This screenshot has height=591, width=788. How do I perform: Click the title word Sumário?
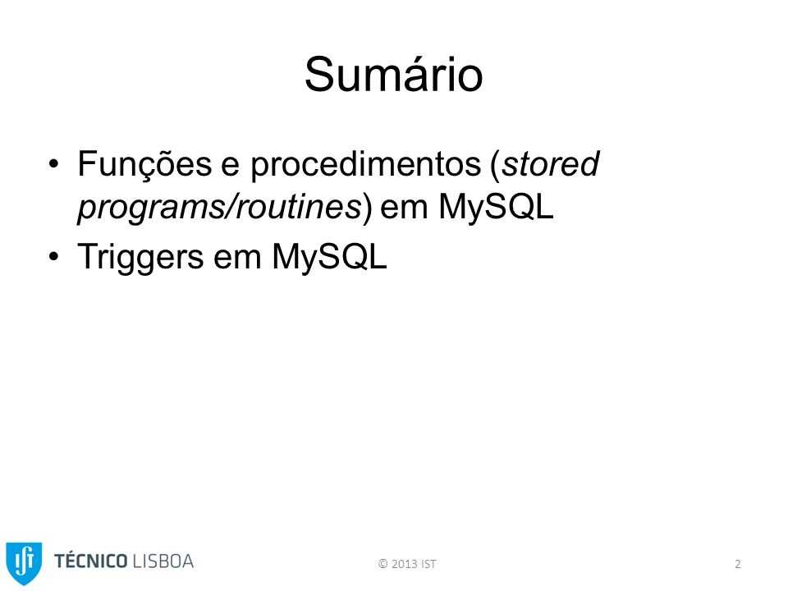point(393,75)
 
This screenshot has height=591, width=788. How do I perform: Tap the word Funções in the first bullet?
point(144,164)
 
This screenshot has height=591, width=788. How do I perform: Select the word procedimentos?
point(366,165)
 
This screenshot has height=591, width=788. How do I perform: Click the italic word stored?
point(552,164)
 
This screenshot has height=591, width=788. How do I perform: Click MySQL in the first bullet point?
point(496,206)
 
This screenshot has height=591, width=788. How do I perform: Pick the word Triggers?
point(140,257)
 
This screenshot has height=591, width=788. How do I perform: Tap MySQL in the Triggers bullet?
point(329,256)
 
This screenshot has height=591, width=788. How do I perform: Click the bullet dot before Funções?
point(54,164)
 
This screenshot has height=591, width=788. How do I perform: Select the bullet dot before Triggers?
point(54,256)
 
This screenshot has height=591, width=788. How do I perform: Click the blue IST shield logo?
point(24,563)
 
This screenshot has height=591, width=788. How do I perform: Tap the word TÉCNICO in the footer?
point(90,561)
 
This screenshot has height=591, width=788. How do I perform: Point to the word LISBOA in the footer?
point(163,561)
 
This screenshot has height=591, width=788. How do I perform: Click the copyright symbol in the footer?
point(383,564)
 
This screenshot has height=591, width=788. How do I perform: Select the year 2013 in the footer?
point(405,564)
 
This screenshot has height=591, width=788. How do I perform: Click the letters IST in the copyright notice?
point(428,564)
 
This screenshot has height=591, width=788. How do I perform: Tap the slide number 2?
point(738,564)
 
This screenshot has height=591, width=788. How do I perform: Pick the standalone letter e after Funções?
point(230,167)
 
